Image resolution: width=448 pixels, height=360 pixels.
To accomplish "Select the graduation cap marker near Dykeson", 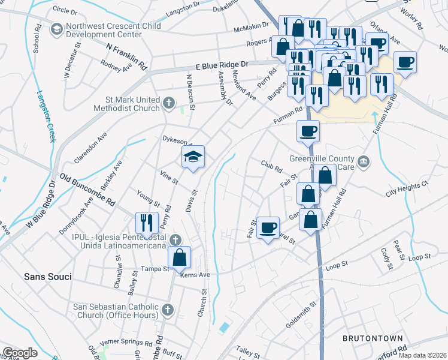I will pyautogui.click(x=193, y=158).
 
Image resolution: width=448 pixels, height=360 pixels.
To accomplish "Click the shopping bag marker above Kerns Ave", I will pyautogui.click(x=179, y=259).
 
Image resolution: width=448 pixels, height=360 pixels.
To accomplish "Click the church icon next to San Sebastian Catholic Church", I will pyautogui.click(x=168, y=310).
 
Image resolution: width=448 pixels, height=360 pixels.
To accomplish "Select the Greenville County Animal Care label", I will pyautogui.click(x=324, y=163).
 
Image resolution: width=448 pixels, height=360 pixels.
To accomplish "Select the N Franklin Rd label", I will pyautogui.click(x=126, y=55).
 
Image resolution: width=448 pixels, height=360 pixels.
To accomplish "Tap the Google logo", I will pyautogui.click(x=20, y=353).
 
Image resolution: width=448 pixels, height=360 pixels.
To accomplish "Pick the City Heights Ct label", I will pyautogui.click(x=408, y=189).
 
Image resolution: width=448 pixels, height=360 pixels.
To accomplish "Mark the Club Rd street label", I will pyautogui.click(x=271, y=166).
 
